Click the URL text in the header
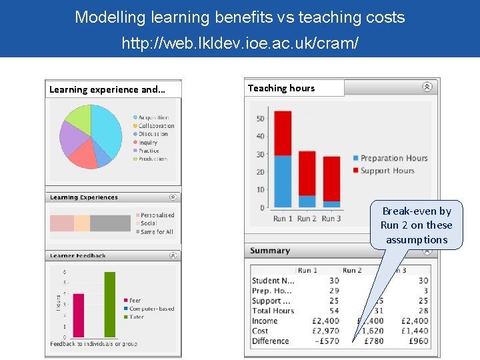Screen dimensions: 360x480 click(x=240, y=44)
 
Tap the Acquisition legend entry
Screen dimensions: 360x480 click(x=153, y=117)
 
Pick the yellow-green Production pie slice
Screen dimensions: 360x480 click(x=77, y=119)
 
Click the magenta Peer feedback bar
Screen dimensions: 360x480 click(x=79, y=315)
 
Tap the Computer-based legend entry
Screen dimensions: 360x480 click(x=151, y=309)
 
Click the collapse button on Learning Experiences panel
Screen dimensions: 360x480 click(x=173, y=197)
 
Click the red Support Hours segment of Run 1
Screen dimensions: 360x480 click(x=283, y=133)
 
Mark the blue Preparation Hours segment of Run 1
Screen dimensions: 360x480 click(x=283, y=181)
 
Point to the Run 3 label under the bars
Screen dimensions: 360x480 click(x=331, y=219)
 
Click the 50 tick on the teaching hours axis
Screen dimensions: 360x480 click(x=260, y=119)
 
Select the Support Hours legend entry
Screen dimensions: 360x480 click(x=387, y=171)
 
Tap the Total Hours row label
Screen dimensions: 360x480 click(x=273, y=311)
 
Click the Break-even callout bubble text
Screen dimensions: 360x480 click(x=417, y=225)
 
